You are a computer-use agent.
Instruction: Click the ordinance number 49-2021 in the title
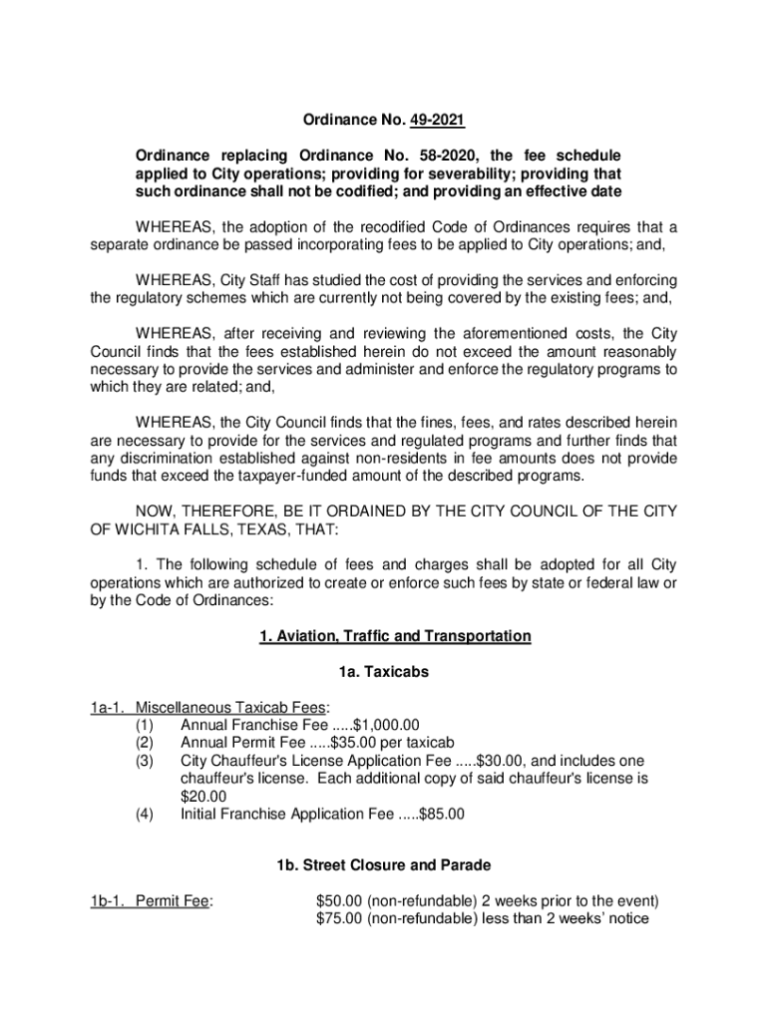[x=435, y=122]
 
